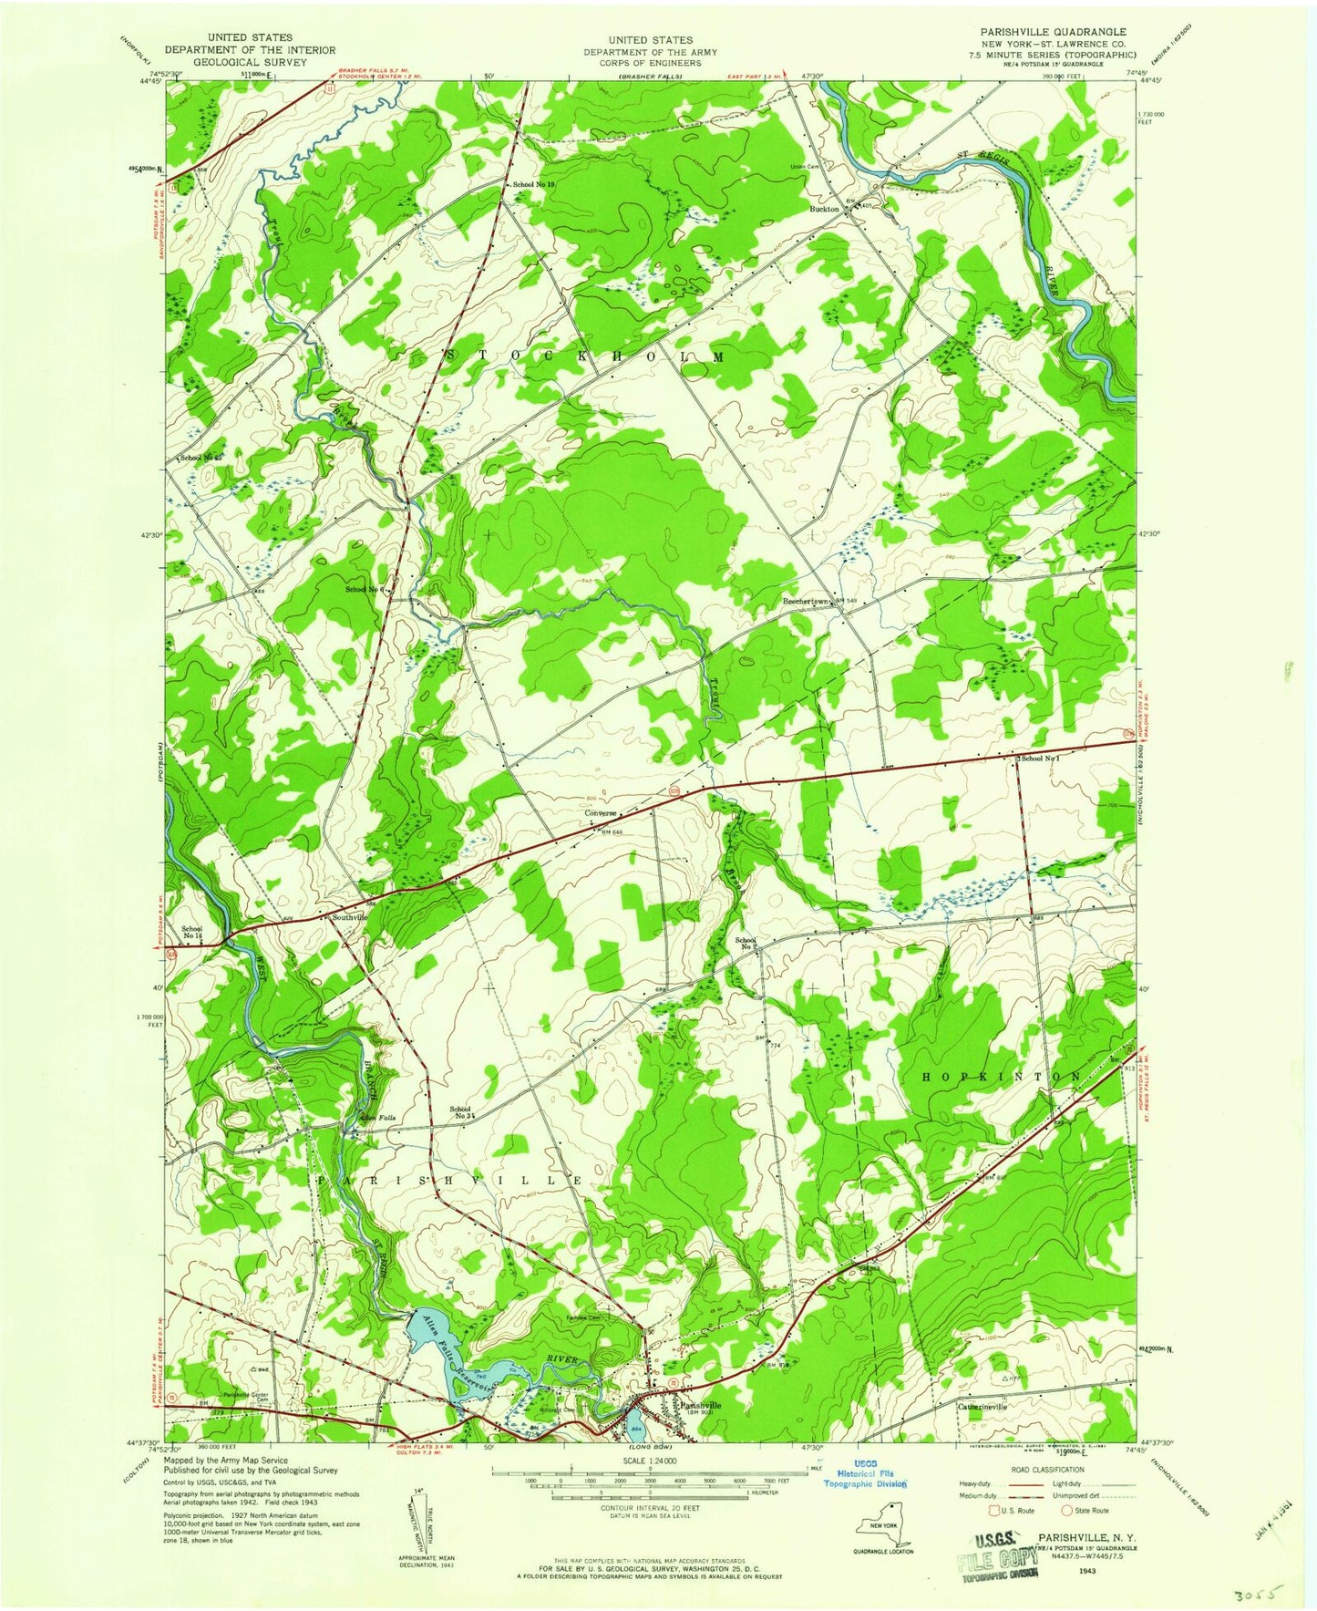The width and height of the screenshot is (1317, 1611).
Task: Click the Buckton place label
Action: [824, 209]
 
